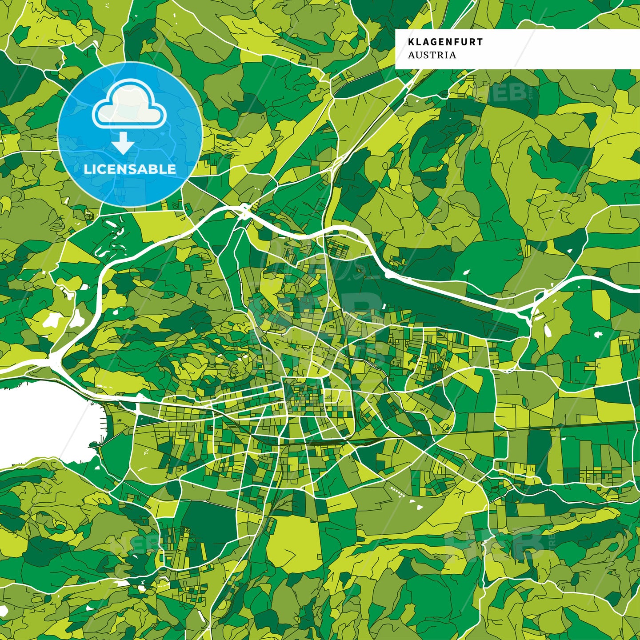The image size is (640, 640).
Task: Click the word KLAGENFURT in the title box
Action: (445, 42)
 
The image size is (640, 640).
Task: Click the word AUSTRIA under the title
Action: (432, 55)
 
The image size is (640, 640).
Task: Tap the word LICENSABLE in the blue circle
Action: (130, 169)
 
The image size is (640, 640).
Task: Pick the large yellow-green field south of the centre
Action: (293, 542)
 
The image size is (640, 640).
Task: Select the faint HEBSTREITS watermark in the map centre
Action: (311, 311)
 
